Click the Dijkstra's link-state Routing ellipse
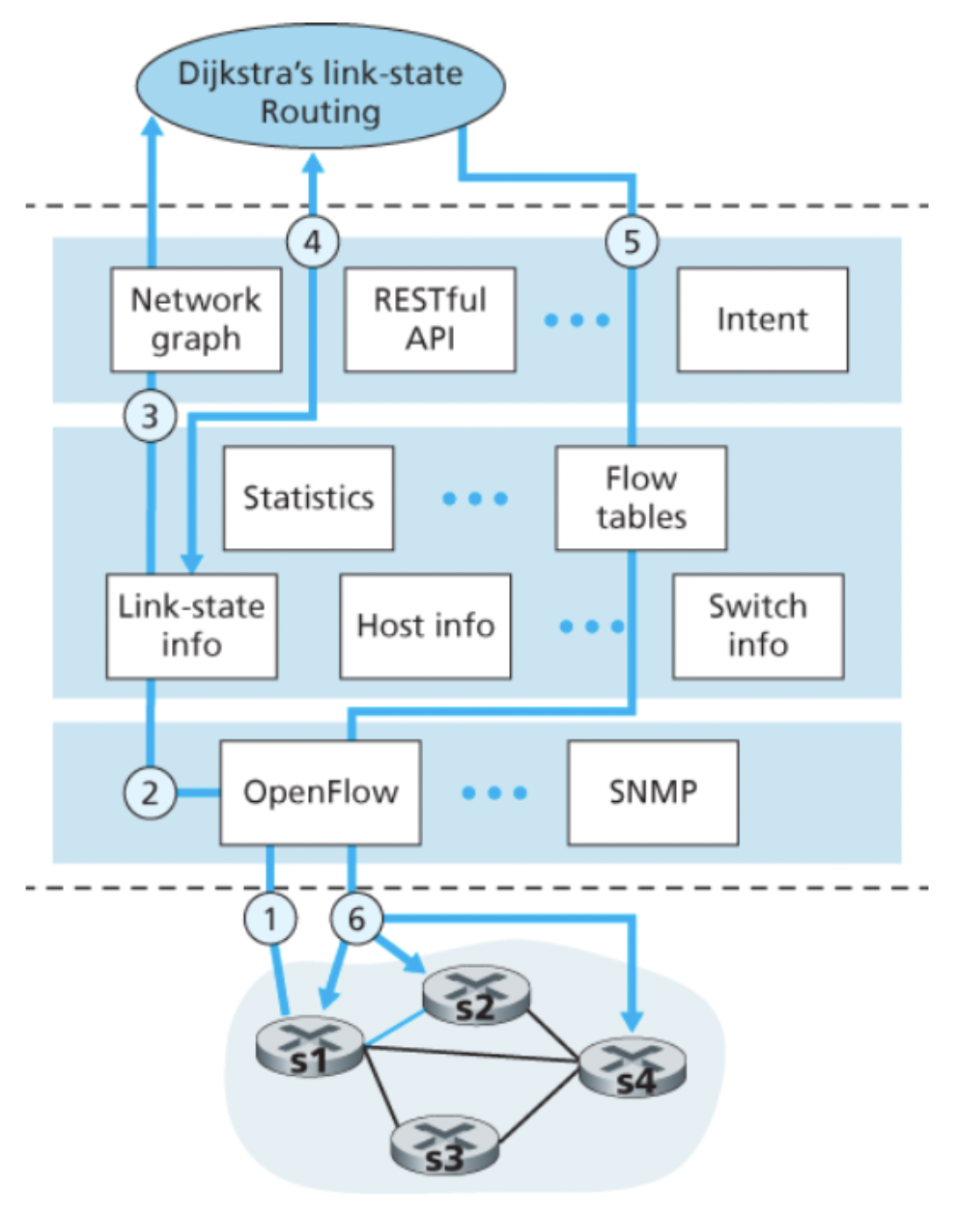[x=320, y=92]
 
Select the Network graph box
[x=196, y=319]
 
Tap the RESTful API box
[x=430, y=319]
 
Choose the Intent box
[x=762, y=319]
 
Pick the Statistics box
[x=308, y=498]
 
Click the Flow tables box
[x=640, y=498]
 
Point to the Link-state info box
[x=191, y=625]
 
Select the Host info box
[x=425, y=625]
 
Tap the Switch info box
[x=757, y=625]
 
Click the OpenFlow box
[x=321, y=792]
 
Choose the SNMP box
[x=653, y=792]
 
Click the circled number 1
[x=270, y=918]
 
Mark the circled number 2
[x=151, y=793]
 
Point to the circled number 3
[x=151, y=417]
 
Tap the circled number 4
[x=313, y=241]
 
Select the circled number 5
[x=632, y=241]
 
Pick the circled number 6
[x=356, y=918]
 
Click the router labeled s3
[x=444, y=1145]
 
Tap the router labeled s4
[x=633, y=1068]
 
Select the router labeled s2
[x=475, y=996]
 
